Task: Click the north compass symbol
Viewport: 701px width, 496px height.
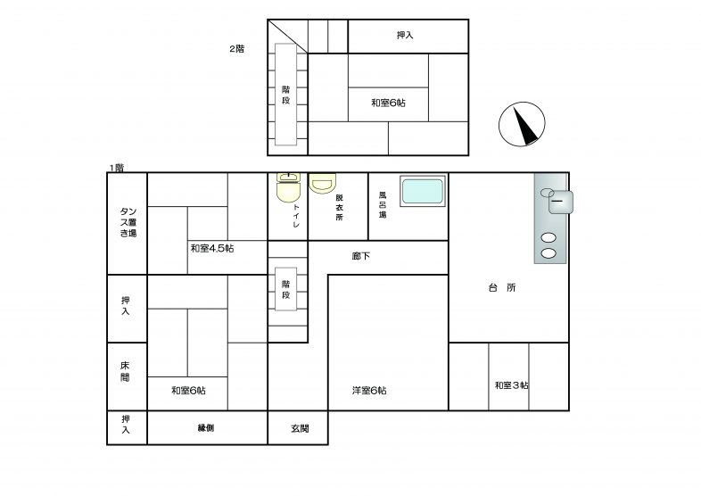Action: tap(522, 124)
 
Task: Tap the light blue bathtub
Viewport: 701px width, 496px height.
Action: tap(423, 191)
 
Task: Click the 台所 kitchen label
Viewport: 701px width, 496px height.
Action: tap(502, 287)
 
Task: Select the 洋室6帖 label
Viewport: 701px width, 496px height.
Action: tap(369, 391)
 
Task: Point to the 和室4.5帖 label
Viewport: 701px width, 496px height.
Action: tap(212, 248)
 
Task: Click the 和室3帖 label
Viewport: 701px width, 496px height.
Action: tap(511, 385)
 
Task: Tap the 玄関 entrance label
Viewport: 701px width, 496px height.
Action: tap(300, 428)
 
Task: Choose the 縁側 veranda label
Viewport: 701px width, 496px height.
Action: tap(206, 428)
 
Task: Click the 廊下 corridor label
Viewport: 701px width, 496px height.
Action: tap(361, 256)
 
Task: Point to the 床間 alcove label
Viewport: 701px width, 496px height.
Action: tap(125, 372)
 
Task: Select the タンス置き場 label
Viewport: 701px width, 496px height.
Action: tap(128, 222)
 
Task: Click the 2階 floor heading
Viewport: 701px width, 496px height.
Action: tap(237, 49)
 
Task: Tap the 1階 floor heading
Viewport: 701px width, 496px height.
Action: tap(117, 168)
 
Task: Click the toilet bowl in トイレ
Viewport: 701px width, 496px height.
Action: tap(288, 191)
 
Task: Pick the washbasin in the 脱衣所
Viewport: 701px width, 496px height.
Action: tap(322, 184)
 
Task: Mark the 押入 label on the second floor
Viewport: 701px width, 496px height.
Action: tap(405, 35)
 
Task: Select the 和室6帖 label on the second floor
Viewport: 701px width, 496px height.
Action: tap(389, 103)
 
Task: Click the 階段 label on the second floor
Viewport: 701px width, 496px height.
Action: tap(286, 95)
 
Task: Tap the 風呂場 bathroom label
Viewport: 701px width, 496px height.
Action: tap(383, 205)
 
